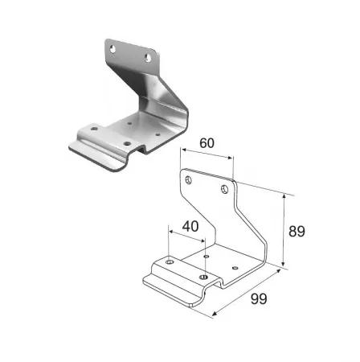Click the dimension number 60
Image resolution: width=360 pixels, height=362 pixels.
[207, 143]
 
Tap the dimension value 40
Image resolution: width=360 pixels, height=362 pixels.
[190, 226]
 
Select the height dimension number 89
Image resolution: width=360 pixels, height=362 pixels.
[297, 232]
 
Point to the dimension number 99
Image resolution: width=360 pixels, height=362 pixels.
[259, 299]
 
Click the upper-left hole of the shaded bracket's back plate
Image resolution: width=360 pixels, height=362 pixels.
[112, 49]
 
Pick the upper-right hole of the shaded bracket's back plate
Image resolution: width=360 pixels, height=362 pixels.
[148, 58]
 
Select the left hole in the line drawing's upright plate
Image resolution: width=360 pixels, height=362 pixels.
[189, 180]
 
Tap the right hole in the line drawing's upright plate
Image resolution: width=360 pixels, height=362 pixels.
[225, 189]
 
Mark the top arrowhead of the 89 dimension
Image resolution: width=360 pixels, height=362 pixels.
[284, 198]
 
